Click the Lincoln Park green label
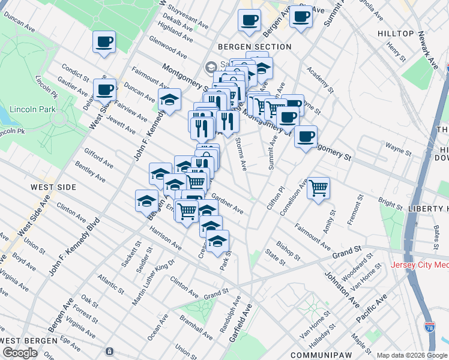point(30,110)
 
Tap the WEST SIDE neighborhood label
point(54,187)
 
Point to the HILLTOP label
point(396,34)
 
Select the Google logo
point(20,353)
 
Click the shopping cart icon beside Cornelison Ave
point(319,188)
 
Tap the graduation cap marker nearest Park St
point(218,242)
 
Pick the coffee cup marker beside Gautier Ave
point(104,90)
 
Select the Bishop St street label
point(288,251)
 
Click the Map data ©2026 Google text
point(412,355)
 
